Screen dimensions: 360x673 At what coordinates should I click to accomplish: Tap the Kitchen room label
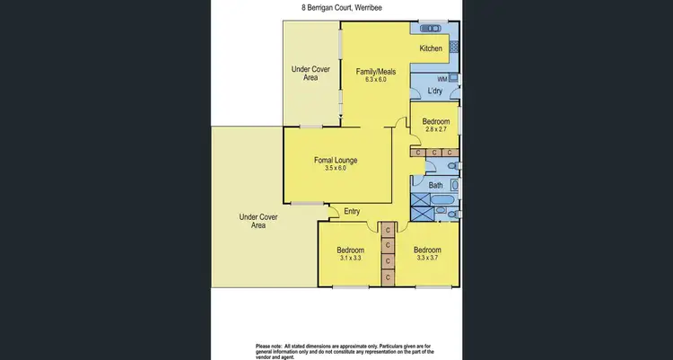pos(432,48)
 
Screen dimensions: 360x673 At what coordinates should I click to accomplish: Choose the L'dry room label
pos(435,92)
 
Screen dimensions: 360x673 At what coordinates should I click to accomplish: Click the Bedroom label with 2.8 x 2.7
pos(436,121)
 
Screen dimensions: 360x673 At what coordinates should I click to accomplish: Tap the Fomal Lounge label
pos(336,161)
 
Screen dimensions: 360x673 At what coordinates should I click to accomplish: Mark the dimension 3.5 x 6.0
pos(336,170)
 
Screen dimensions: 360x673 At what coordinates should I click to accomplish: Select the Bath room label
pos(436,186)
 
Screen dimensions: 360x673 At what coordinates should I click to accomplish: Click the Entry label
pos(350,212)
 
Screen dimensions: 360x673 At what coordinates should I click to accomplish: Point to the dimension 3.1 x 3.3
pos(350,259)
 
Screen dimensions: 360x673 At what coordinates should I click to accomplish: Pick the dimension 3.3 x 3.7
pos(427,259)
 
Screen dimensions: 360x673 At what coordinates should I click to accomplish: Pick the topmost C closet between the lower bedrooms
pos(387,228)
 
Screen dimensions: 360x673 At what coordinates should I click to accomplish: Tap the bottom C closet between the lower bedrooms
pos(387,277)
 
